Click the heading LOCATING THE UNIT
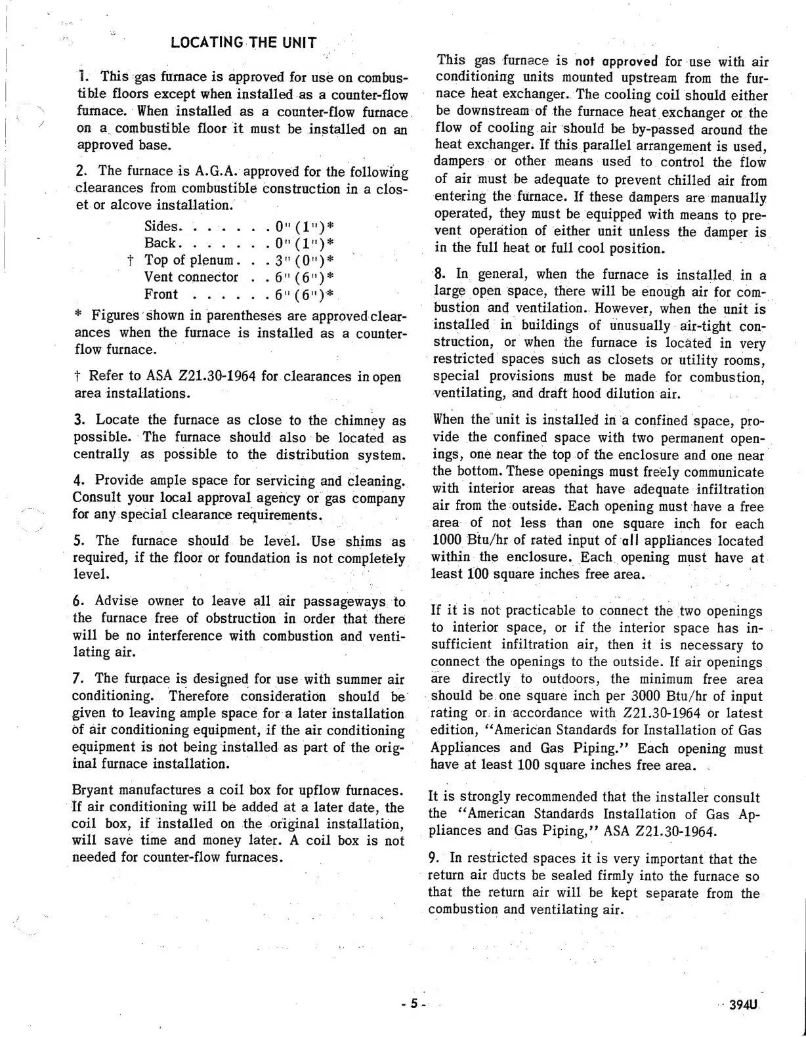point(244,43)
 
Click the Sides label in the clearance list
point(161,226)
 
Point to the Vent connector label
point(191,278)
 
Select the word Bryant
point(91,790)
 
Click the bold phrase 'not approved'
point(616,62)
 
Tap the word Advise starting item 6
point(116,601)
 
